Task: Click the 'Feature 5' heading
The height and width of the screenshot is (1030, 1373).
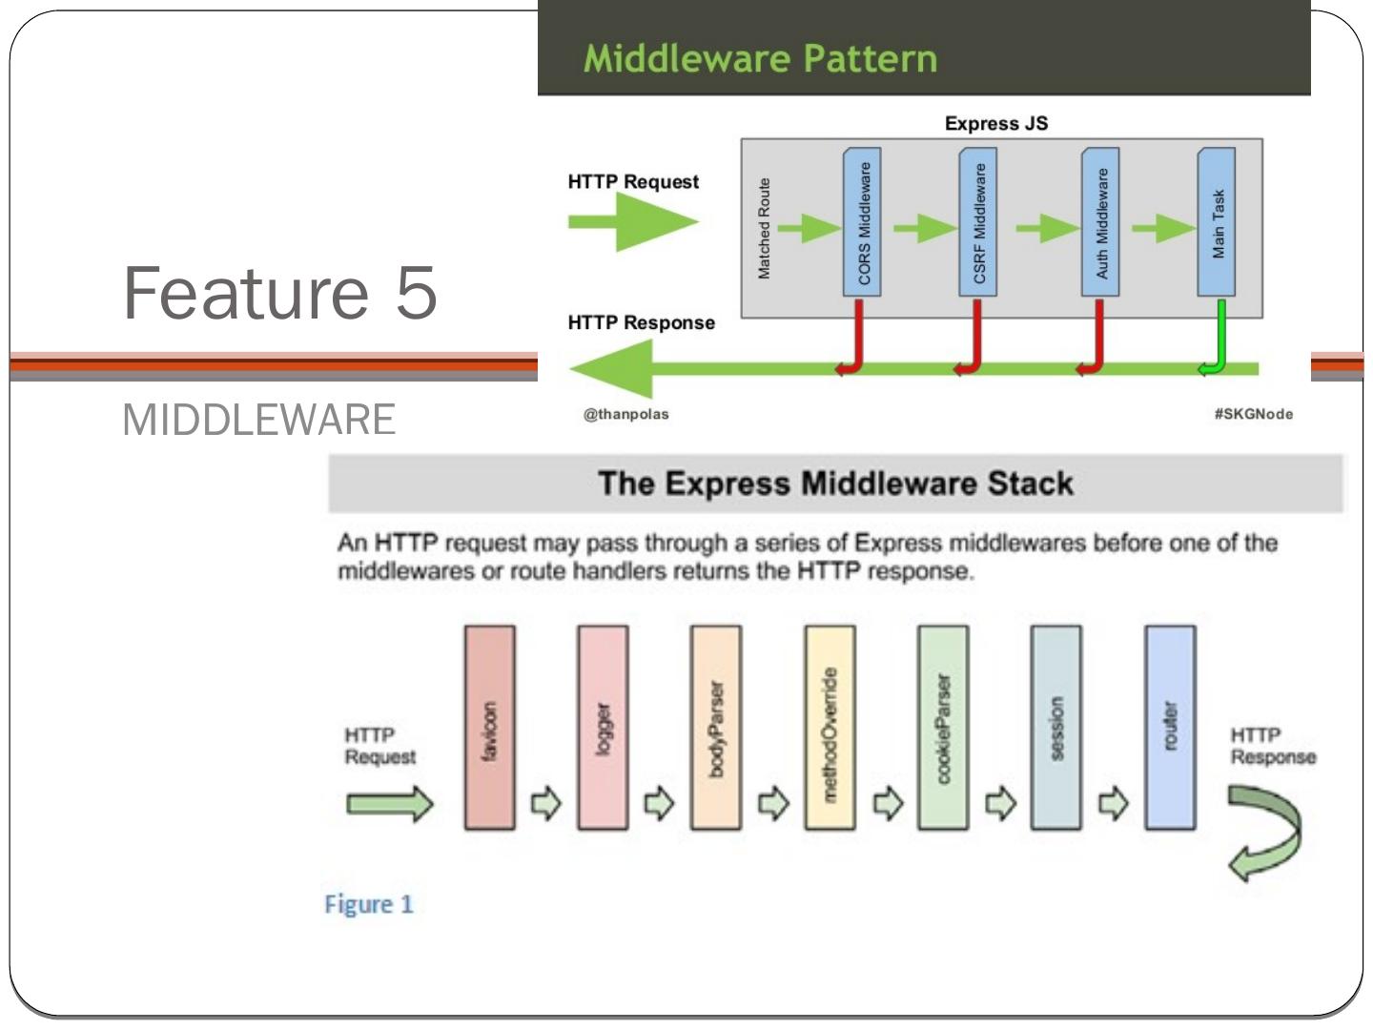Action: (x=280, y=293)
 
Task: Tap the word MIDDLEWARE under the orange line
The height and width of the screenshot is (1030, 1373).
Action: (x=258, y=420)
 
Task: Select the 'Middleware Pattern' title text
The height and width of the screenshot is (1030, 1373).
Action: (x=760, y=58)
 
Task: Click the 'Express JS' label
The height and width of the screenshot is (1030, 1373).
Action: (x=995, y=123)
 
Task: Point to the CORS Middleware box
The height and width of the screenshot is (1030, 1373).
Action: (x=863, y=222)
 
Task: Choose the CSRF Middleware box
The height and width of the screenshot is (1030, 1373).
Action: (x=978, y=222)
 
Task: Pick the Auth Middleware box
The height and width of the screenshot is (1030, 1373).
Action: (x=1100, y=222)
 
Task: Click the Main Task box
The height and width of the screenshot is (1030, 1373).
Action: (x=1217, y=222)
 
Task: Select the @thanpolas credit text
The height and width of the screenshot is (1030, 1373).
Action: (x=626, y=414)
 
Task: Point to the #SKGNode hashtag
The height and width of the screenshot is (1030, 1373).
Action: (x=1253, y=414)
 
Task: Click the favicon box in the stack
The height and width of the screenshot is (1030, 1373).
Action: (x=489, y=728)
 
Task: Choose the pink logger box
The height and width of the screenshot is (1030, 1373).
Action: (x=603, y=728)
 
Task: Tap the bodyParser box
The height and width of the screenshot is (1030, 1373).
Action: (x=716, y=728)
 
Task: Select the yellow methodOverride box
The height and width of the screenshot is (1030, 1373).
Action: (x=830, y=728)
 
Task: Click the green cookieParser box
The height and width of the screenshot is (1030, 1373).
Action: (x=943, y=728)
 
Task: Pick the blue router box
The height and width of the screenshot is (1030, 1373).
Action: (x=1170, y=728)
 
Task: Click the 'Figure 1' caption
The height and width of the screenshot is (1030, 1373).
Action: (x=369, y=904)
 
